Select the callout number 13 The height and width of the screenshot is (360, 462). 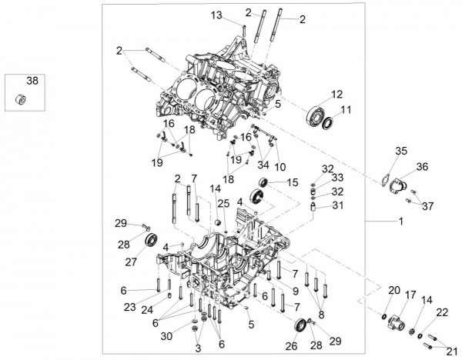216,15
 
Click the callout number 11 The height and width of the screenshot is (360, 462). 346,110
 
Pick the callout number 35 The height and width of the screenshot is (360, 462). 400,150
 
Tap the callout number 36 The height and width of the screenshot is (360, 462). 423,166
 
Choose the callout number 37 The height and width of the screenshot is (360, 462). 427,206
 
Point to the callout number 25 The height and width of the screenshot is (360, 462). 223,203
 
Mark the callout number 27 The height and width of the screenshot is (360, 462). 131,262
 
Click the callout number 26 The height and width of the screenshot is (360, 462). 292,347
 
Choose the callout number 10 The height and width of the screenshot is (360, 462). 280,167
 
